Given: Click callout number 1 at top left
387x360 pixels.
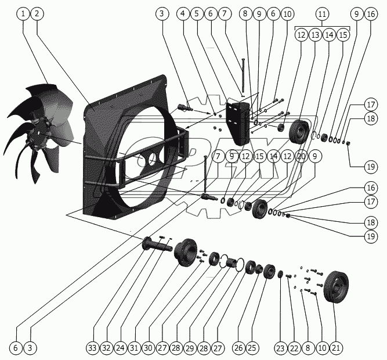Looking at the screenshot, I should pos(23,13).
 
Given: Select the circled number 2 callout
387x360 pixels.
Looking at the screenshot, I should pos(36,13).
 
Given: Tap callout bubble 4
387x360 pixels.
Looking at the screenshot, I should pos(183,13).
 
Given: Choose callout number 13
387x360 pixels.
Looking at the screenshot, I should pos(314,35).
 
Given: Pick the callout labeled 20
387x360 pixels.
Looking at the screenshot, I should pos(301,156).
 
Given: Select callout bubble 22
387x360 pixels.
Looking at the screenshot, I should pos(294,348).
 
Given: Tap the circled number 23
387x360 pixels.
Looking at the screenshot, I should pos(280,348).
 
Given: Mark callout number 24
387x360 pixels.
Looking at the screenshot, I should pos(120,348).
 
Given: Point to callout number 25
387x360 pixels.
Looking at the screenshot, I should pos(252,348).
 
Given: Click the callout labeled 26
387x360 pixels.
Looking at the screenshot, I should pos(238,348).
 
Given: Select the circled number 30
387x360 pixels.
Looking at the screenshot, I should pos(148,348).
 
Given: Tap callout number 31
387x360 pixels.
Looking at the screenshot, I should pos(134,348).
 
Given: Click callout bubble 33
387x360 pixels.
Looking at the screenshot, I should pos(92,348).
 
